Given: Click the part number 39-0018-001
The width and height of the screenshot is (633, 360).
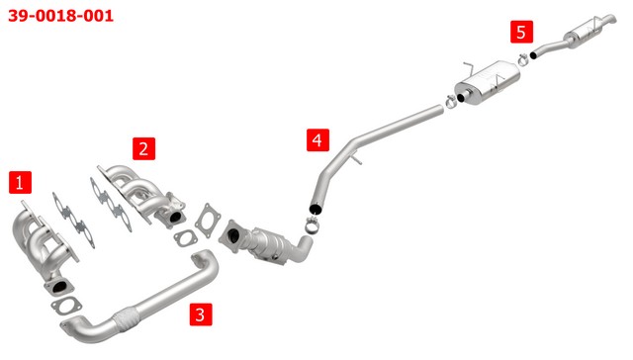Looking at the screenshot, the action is pyautogui.click(x=60, y=16).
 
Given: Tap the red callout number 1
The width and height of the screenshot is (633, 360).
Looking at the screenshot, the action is pyautogui.click(x=20, y=182).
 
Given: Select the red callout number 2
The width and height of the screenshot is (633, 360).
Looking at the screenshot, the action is pyautogui.click(x=143, y=148).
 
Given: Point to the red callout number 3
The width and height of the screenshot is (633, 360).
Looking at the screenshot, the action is pyautogui.click(x=201, y=315).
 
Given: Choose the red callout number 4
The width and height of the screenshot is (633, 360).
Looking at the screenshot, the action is pyautogui.click(x=317, y=140).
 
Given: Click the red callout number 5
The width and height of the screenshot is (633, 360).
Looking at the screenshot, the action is pyautogui.click(x=521, y=32).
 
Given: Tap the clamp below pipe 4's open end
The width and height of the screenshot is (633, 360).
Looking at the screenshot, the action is pyautogui.click(x=313, y=225).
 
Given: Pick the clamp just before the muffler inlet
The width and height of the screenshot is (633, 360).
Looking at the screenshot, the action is pyautogui.click(x=451, y=101).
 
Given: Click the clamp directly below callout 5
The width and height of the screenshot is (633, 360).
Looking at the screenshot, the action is pyautogui.click(x=523, y=59).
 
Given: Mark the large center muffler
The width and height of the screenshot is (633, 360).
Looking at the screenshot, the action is pyautogui.click(x=487, y=83).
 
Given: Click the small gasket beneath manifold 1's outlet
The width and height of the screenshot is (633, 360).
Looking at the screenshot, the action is pyautogui.click(x=66, y=306).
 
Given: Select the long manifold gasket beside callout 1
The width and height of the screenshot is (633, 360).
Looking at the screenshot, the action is pyautogui.click(x=73, y=220).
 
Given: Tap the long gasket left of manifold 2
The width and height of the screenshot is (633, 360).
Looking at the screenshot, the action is pyautogui.click(x=111, y=205).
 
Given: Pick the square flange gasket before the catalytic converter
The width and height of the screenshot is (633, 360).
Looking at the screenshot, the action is pyautogui.click(x=208, y=221).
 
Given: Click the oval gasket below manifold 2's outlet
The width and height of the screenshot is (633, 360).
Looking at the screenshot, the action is pyautogui.click(x=185, y=238).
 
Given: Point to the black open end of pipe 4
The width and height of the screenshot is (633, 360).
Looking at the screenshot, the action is pyautogui.click(x=316, y=209).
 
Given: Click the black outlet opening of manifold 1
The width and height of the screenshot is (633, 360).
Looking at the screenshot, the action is pyautogui.click(x=59, y=287).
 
